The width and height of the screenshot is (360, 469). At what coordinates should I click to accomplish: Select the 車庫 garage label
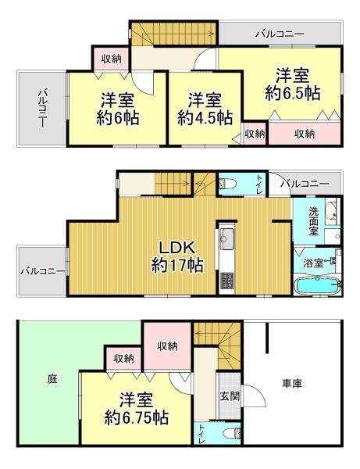[294, 383]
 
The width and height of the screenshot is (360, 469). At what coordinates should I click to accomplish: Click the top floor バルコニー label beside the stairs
[279, 34]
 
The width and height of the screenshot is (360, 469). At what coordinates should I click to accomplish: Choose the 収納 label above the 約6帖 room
[111, 59]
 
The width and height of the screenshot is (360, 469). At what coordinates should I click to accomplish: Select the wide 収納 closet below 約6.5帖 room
[305, 134]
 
